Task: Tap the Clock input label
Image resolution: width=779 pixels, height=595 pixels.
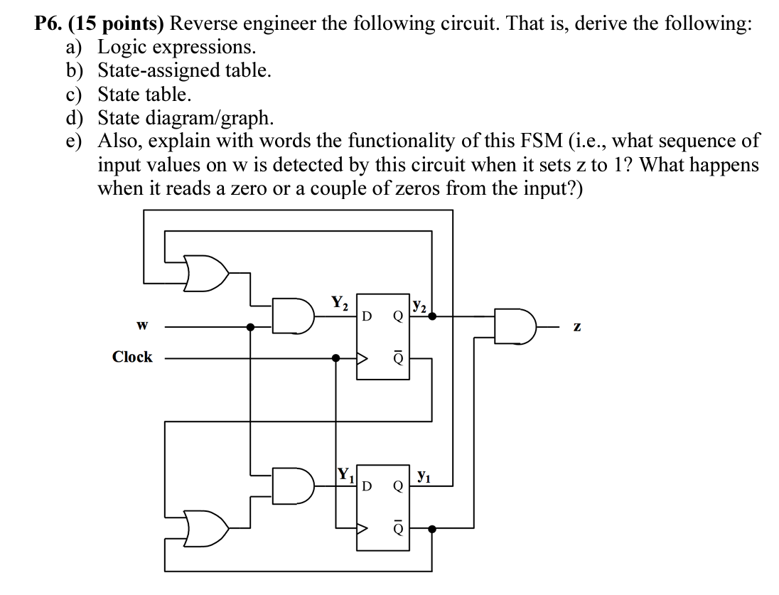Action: click(x=132, y=358)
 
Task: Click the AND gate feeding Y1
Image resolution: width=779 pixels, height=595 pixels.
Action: click(x=295, y=485)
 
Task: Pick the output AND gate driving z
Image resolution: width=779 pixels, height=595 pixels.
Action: click(x=515, y=326)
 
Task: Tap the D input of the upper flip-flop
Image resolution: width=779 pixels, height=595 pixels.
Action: click(x=367, y=315)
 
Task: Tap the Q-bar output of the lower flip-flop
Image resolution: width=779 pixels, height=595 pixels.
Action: click(x=397, y=529)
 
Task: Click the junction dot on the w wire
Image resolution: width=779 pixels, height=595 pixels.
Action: click(x=250, y=326)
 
